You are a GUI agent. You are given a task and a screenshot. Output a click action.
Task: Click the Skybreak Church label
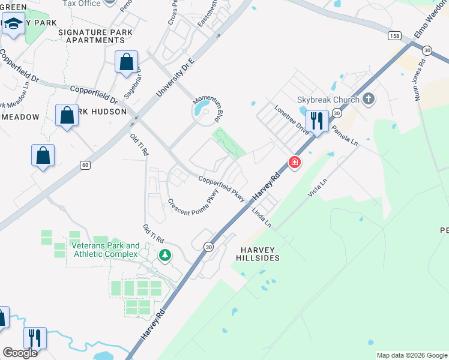pos(328,100)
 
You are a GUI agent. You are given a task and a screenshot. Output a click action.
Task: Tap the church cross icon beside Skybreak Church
pos(368,99)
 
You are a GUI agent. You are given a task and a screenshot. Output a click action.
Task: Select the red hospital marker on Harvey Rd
pos(294,162)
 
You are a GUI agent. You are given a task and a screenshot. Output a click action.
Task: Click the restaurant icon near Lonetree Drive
pos(316,120)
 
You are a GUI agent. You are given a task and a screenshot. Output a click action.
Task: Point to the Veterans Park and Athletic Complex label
pos(105,250)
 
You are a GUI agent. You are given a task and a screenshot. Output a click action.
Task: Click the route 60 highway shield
pos(86,164)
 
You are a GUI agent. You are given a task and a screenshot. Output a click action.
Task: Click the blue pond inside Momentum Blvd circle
pos(202,110)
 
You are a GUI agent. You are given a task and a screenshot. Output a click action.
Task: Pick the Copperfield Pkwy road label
pos(221,187)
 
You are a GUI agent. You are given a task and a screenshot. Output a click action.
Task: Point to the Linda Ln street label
pos(262,217)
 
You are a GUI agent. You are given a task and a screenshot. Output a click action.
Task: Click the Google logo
pos(20,353)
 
